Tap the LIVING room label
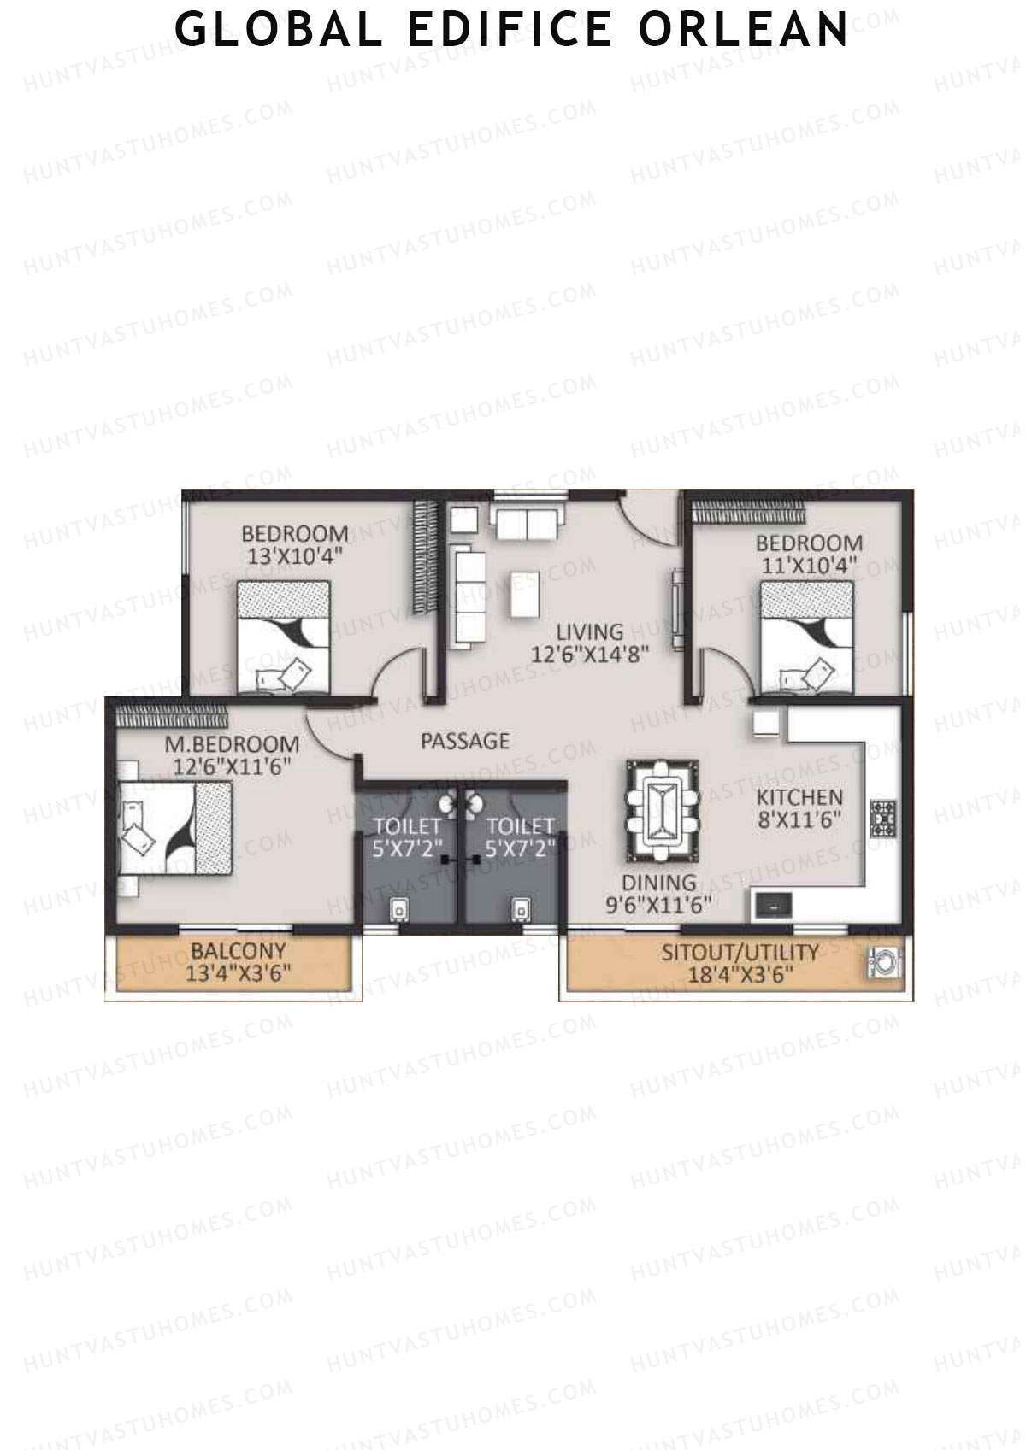[x=589, y=633]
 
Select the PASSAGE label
[x=465, y=741]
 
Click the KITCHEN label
[x=799, y=797]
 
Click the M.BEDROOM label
[x=232, y=744]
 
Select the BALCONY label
[x=238, y=951]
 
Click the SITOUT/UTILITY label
[x=740, y=952]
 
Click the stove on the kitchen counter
[x=882, y=817]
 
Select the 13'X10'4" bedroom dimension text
[x=294, y=555]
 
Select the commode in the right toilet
[x=519, y=909]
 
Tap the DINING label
[x=659, y=883]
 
